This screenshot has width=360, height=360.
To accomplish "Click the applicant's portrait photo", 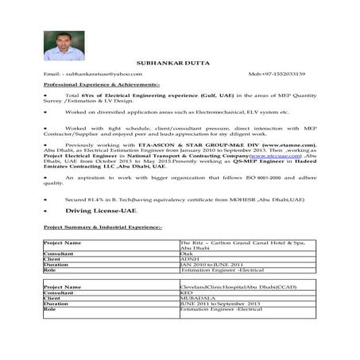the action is tap(64, 46).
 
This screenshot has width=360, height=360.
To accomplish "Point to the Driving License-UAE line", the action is tap(89, 211).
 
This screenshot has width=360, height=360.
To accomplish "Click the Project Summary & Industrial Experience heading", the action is tap(103, 227).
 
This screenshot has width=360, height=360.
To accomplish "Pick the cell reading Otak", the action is tap(188, 254).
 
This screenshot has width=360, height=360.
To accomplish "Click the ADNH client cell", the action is tap(191, 259).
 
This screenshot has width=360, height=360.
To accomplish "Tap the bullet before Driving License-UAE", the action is tap(46, 211).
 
